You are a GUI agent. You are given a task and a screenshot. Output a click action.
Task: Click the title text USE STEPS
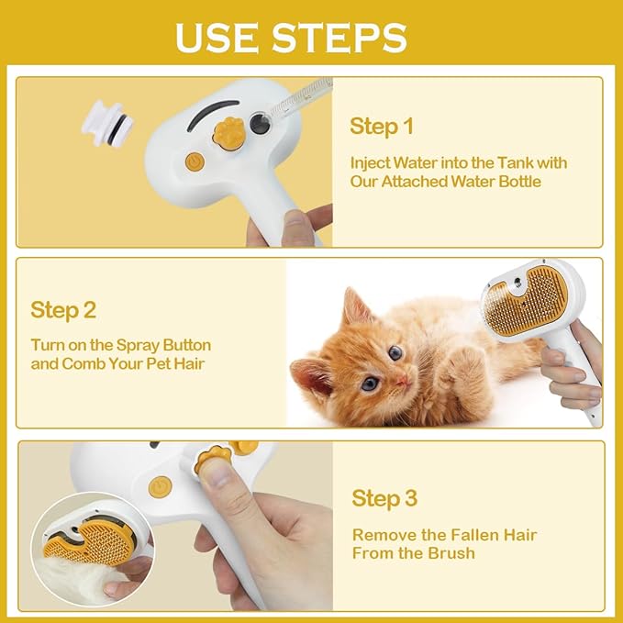(291, 37)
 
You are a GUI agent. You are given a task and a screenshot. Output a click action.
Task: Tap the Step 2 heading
(63, 310)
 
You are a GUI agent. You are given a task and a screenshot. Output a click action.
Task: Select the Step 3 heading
(384, 498)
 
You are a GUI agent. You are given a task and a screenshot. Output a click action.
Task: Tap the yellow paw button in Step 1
(228, 131)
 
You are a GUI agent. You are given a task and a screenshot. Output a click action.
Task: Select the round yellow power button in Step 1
(195, 161)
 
